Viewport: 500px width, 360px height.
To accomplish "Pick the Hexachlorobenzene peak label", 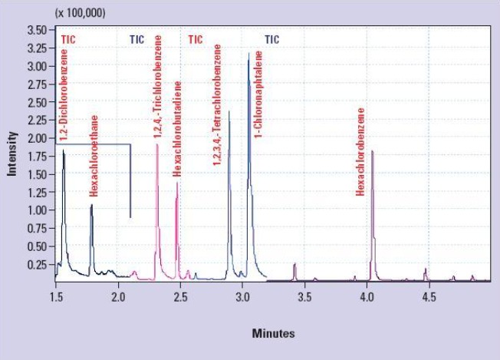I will coord(360,151).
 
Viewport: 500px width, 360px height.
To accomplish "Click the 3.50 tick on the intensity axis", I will coord(36,30).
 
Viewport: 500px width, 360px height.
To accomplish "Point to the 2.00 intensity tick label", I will coord(36,138).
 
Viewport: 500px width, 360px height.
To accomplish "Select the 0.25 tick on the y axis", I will coord(36,265).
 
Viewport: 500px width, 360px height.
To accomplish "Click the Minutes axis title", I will coord(273,334).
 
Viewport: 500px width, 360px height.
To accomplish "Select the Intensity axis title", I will coord(12,153).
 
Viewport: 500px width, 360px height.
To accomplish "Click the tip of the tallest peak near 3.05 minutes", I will coord(248,53).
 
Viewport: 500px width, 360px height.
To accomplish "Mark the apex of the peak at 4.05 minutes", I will coord(372,151).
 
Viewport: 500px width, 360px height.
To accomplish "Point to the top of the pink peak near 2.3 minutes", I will coord(157,144).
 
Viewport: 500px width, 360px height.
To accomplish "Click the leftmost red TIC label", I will coord(68,38).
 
